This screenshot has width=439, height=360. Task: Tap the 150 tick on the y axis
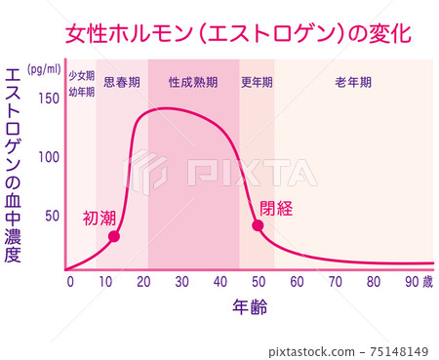click(48, 98)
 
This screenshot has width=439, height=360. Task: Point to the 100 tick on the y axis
click(48, 157)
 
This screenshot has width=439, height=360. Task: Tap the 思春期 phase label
click(121, 83)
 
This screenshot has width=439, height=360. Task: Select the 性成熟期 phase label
click(193, 83)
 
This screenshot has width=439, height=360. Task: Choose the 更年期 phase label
click(257, 83)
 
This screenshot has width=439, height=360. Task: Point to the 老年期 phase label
click(353, 83)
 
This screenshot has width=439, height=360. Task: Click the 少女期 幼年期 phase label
click(81, 84)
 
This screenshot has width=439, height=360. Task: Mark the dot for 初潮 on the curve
click(114, 236)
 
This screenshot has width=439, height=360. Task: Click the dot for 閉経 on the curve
click(258, 225)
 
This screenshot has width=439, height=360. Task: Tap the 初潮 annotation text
click(101, 218)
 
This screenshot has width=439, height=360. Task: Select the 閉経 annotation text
click(276, 207)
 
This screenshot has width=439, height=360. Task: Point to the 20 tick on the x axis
click(145, 282)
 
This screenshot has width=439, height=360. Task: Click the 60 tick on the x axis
click(298, 282)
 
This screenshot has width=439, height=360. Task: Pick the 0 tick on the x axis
click(69, 282)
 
